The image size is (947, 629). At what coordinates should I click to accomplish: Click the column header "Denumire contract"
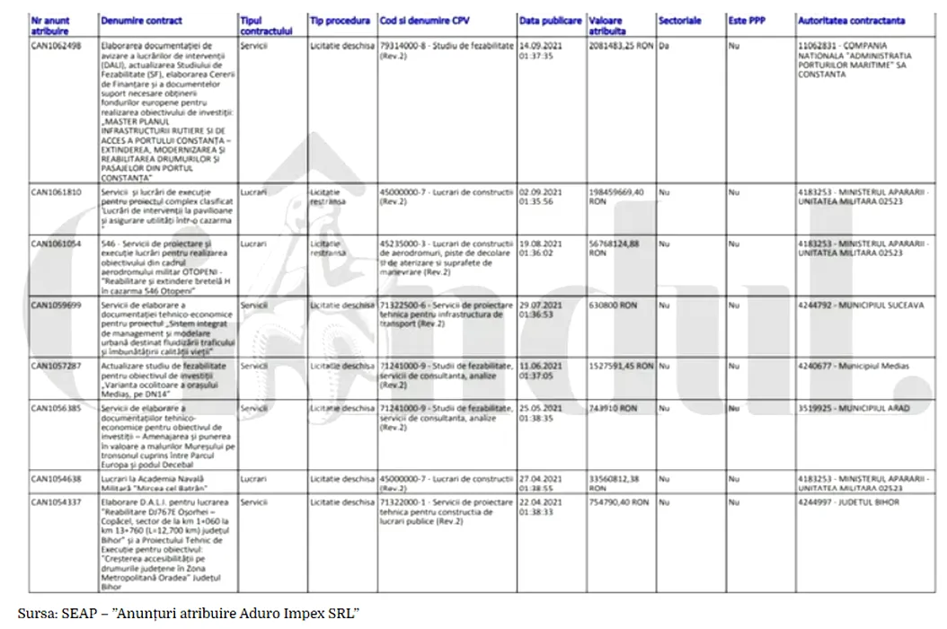coord(141,21)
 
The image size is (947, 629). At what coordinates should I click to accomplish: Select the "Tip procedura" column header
coord(339,21)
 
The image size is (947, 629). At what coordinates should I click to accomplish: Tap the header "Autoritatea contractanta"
coord(851,21)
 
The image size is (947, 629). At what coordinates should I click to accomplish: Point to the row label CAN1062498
coord(57,44)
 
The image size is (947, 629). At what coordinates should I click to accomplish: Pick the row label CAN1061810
coord(57,192)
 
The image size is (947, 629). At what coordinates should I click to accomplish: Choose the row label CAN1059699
coord(57,306)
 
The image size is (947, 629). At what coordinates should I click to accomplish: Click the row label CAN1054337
coord(57,502)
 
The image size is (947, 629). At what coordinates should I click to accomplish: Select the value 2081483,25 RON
coord(621,44)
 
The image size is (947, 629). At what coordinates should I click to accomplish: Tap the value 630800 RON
coord(612,306)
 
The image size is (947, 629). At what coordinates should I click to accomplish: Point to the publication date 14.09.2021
coord(543,44)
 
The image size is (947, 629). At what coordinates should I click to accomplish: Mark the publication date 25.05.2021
coord(543,408)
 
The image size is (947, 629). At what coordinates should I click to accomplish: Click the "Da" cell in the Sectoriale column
coord(664,44)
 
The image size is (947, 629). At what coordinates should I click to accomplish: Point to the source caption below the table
coord(189,613)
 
